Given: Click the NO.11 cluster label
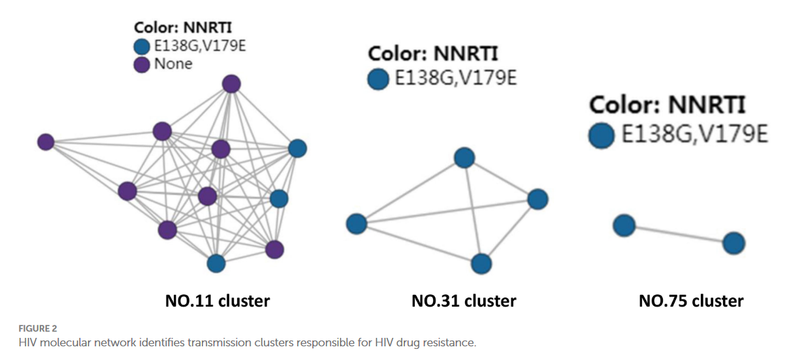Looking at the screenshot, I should [217, 301].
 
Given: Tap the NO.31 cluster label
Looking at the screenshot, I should [464, 301].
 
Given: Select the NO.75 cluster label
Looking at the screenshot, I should [691, 301].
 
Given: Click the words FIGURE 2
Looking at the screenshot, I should [38, 329].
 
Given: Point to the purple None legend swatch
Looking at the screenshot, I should [141, 64].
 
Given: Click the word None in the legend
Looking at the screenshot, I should [173, 64].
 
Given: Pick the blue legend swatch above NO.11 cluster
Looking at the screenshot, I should [141, 46].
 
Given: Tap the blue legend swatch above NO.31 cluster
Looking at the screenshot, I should [378, 79].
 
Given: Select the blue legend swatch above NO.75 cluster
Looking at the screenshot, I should [601, 135].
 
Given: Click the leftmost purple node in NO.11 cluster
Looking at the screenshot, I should [46, 141].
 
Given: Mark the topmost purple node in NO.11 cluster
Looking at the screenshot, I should [231, 83].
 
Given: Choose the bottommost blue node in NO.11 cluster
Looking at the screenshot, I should [216, 263].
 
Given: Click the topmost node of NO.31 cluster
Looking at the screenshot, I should [464, 157].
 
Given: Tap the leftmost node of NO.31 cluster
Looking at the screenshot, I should [356, 224].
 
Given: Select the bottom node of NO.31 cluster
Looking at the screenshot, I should [481, 264].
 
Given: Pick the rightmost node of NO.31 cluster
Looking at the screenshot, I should [537, 199].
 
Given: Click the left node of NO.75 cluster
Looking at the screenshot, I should [624, 225].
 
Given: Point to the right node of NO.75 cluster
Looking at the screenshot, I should [733, 243].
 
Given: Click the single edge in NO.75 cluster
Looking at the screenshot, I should [679, 234].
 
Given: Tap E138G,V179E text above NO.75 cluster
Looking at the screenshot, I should [694, 135].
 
